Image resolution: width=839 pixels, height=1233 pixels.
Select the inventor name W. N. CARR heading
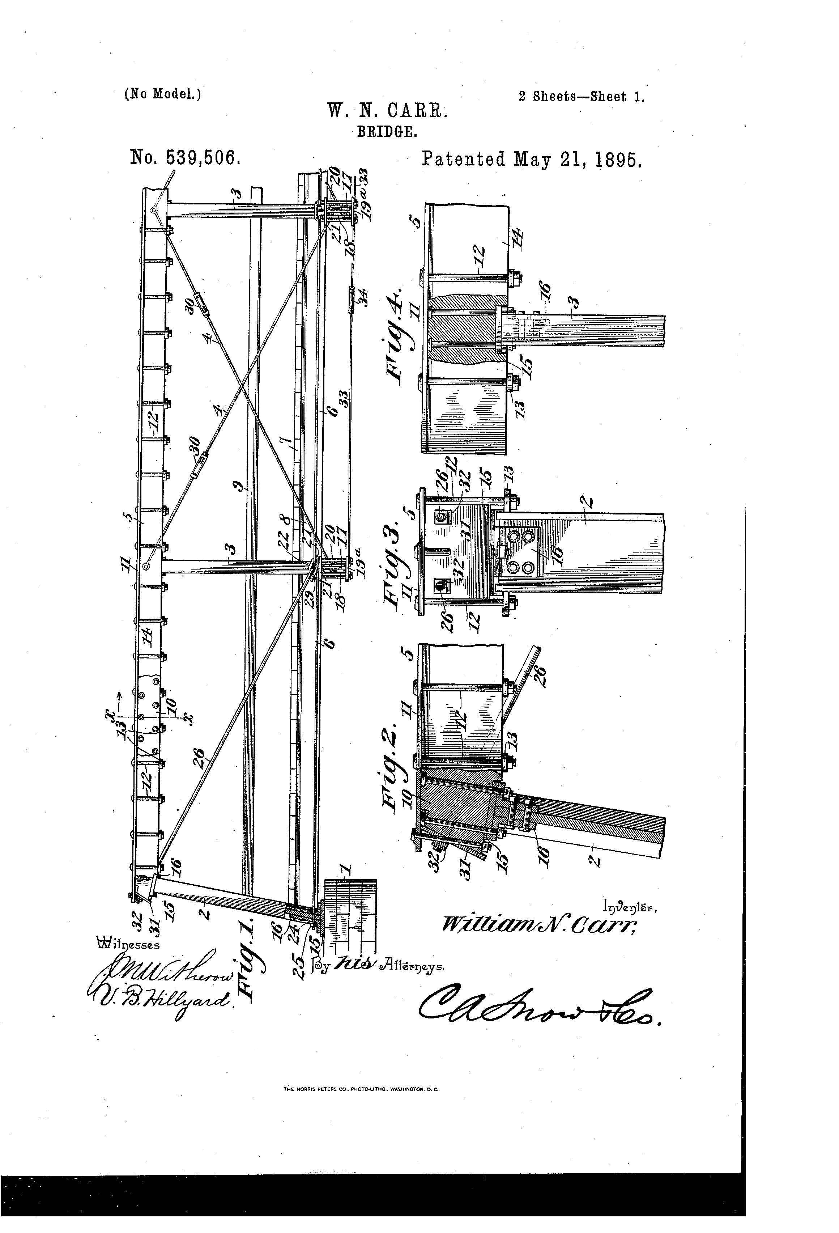[388, 110]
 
